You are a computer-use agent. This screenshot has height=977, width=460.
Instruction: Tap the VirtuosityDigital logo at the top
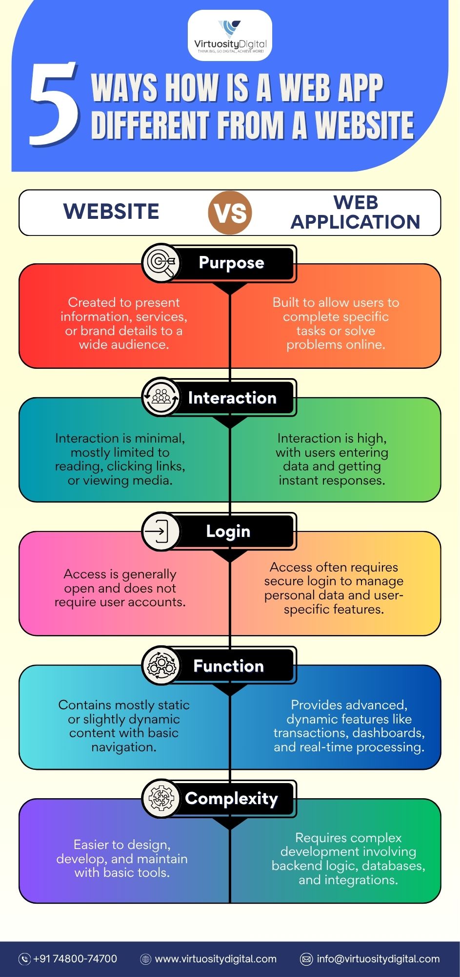click(230, 36)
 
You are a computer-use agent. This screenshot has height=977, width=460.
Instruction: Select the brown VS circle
click(230, 212)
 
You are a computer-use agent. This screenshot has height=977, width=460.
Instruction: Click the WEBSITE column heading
click(111, 212)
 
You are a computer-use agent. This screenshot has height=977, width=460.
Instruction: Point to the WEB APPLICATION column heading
click(356, 212)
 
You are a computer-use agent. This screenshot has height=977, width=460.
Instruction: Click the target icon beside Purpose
click(161, 263)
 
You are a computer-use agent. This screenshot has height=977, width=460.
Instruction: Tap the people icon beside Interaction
click(161, 397)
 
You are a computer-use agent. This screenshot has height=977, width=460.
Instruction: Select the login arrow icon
click(161, 531)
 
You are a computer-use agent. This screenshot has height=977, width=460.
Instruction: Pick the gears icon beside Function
click(161, 665)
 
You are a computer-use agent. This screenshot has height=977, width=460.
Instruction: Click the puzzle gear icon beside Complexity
click(161, 799)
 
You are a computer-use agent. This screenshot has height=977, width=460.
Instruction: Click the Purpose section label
click(232, 263)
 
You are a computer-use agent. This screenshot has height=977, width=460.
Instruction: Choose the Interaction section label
click(232, 398)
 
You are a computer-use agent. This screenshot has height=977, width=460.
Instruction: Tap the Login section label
click(228, 531)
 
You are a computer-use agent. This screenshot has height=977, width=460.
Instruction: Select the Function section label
click(228, 666)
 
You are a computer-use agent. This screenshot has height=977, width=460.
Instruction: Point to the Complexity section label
click(231, 799)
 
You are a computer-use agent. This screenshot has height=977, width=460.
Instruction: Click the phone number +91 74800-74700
click(75, 958)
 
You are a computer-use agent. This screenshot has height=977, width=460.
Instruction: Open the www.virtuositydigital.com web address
click(216, 959)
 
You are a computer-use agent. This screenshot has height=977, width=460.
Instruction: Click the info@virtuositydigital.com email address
click(378, 959)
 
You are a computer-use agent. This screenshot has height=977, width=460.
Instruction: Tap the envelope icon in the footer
click(306, 959)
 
